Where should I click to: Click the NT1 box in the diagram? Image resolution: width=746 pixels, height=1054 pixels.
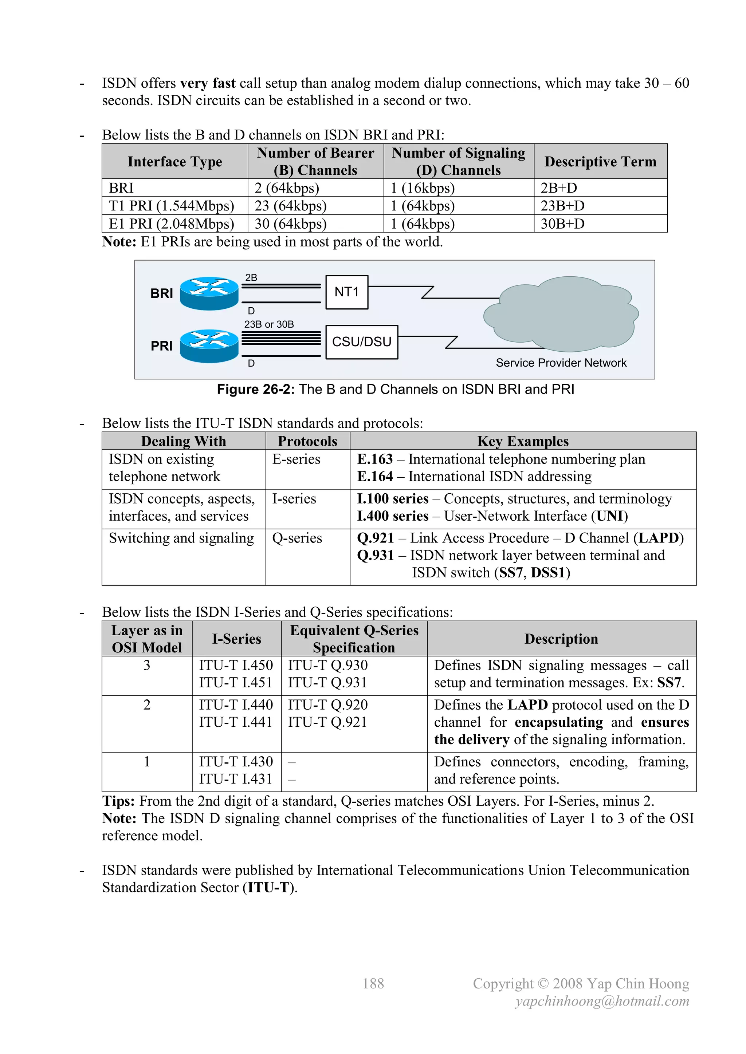346,292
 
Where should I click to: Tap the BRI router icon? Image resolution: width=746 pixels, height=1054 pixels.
209,293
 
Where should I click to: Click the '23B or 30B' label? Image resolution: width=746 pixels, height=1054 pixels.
269,324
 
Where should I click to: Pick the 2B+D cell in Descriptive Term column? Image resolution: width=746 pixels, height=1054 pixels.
558,188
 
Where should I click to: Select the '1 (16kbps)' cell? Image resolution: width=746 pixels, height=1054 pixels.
423,188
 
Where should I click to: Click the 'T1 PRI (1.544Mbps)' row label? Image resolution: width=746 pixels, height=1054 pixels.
171,206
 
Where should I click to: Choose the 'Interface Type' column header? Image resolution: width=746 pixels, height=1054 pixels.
174,162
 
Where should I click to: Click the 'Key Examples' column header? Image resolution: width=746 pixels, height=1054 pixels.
522,441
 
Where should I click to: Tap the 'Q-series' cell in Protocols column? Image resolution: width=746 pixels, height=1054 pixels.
297,538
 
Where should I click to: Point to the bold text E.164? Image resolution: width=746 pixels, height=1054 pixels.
375,477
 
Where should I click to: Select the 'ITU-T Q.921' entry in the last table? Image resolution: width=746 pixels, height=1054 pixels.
327,722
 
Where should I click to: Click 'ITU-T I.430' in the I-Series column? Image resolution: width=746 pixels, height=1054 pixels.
236,762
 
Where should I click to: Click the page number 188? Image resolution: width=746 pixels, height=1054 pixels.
373,983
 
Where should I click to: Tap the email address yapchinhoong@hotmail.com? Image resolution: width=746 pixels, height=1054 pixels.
602,1001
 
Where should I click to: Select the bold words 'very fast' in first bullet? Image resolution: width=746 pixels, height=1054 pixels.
208,83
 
